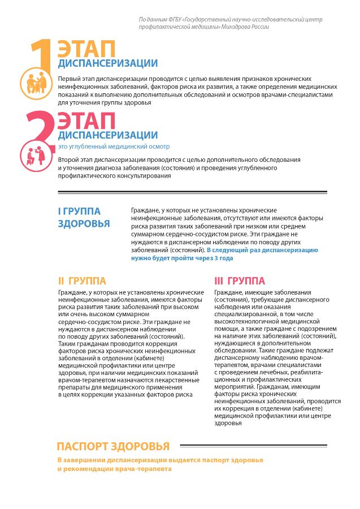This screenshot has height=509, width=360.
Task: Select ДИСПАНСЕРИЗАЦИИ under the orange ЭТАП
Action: coord(107,63)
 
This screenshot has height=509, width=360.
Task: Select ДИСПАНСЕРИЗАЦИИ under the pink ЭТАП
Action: coord(107,135)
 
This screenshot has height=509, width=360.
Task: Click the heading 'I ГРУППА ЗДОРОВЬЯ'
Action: coord(84,217)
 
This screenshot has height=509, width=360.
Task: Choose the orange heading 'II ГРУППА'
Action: coord(81,281)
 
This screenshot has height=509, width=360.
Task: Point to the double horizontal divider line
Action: coord(192,192)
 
